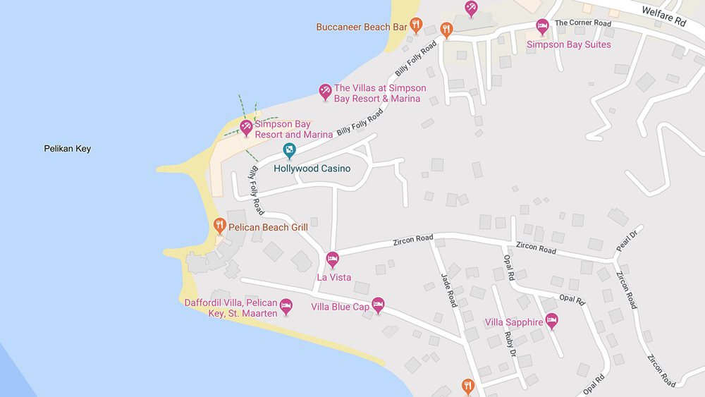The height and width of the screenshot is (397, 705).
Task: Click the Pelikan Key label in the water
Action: pyautogui.click(x=67, y=149)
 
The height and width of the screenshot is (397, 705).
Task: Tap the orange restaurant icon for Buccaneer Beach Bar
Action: pyautogui.click(x=416, y=25)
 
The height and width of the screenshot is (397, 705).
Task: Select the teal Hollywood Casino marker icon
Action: pyautogui.click(x=289, y=150)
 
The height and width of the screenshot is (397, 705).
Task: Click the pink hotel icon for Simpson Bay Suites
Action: pyautogui.click(x=542, y=27)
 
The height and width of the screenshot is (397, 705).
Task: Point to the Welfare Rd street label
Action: pyautogui.click(x=663, y=16)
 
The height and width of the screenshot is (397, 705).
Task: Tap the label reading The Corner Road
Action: pyautogui.click(x=582, y=23)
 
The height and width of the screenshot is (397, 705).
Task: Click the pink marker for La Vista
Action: pyautogui.click(x=333, y=259)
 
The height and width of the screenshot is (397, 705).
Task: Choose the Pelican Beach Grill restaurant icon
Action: pyautogui.click(x=220, y=226)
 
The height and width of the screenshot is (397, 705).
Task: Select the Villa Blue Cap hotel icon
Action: pyautogui.click(x=378, y=305)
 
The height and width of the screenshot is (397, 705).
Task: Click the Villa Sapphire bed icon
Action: pyautogui.click(x=552, y=321)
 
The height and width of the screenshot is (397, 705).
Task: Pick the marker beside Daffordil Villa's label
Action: pyautogui.click(x=286, y=306)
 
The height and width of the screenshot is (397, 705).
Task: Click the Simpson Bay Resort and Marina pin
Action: pyautogui.click(x=246, y=127)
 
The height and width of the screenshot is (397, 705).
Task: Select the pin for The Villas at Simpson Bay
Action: pyautogui.click(x=325, y=91)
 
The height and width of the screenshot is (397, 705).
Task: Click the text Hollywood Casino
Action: pyautogui.click(x=312, y=169)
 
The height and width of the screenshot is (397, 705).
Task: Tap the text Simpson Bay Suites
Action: pyautogui.click(x=569, y=44)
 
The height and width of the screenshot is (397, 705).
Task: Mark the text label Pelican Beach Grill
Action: pyautogui.click(x=268, y=228)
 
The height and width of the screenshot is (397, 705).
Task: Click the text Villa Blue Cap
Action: pyautogui.click(x=341, y=307)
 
